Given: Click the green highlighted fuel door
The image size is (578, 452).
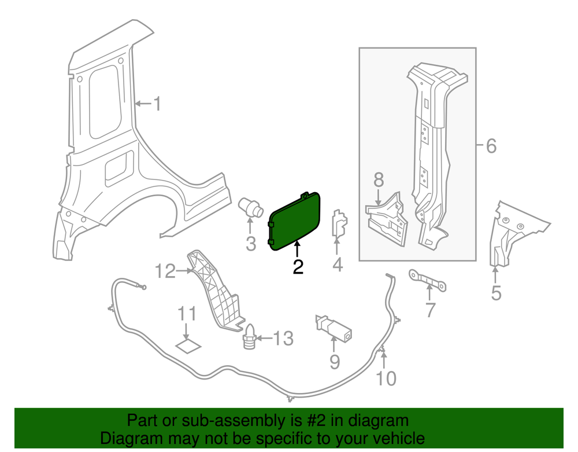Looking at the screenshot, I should tap(295, 220).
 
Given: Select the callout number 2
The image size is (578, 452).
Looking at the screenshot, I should tap(298, 267).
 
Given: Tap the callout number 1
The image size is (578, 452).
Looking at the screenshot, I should tap(156, 104).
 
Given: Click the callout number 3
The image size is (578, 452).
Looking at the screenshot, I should tap(250, 244).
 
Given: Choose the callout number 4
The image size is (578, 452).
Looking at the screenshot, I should tap(338, 265).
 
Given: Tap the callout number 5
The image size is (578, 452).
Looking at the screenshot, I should tap(497, 293).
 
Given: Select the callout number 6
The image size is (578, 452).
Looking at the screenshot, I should tap(491, 146).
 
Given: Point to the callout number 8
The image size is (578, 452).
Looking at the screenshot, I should tap(379, 180).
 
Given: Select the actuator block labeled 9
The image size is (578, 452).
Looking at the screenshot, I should tap(334, 329).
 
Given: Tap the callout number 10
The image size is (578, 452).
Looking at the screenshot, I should tap(386, 378).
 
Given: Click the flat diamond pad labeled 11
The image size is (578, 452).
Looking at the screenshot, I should tap(187, 347).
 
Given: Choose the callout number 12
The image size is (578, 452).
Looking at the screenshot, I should tap(165, 271).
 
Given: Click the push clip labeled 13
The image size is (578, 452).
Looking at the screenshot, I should tap(250, 337).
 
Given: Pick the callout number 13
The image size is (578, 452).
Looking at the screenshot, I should tap(283, 339).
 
